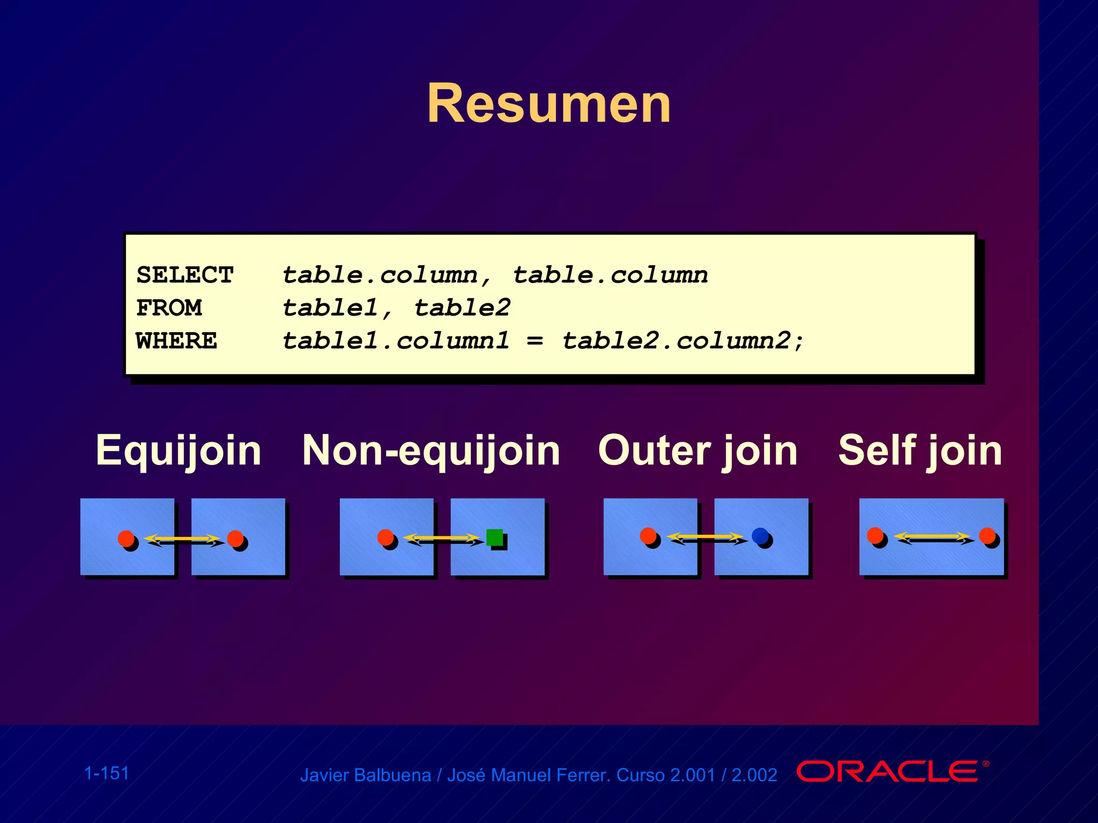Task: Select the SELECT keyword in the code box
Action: (x=185, y=275)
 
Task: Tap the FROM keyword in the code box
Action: (x=169, y=308)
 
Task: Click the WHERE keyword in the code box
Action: (x=176, y=341)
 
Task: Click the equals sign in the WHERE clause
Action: (x=535, y=341)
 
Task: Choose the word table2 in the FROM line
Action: (x=462, y=308)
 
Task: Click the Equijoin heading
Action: (x=179, y=451)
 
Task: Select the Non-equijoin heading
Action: (x=431, y=451)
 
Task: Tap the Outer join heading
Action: (x=698, y=451)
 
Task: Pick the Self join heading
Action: (x=920, y=451)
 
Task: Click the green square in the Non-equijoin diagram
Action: (x=494, y=537)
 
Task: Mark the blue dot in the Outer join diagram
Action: (x=760, y=535)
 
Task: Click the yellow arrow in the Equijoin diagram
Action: (x=182, y=538)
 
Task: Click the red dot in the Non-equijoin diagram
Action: (x=385, y=537)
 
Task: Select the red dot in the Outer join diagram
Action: (x=648, y=535)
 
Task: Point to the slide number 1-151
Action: (x=107, y=773)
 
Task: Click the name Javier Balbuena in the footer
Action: (x=365, y=775)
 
